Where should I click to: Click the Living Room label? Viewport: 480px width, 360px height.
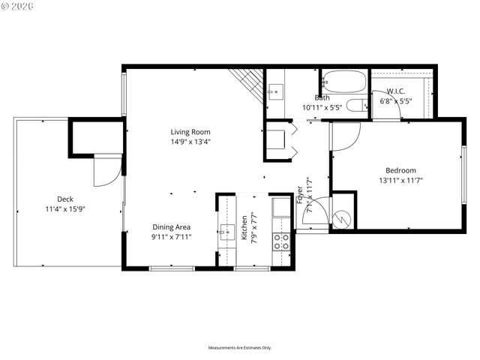tap(189, 132)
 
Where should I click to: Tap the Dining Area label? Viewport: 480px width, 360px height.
tap(172, 227)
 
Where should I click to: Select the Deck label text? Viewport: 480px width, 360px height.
tap(64, 199)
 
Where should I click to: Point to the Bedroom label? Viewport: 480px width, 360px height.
tap(400, 170)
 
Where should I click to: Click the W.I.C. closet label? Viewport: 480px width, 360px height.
tap(397, 91)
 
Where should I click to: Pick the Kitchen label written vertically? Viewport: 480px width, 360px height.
tap(244, 229)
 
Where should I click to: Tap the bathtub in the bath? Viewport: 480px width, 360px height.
tap(343, 80)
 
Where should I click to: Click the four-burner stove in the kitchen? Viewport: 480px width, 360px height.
tap(281, 241)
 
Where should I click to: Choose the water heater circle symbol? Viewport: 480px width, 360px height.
tap(343, 218)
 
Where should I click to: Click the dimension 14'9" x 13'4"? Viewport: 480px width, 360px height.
tap(189, 142)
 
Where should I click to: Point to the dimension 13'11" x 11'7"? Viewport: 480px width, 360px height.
tap(400, 180)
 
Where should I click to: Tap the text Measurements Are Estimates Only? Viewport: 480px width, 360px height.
tap(240, 348)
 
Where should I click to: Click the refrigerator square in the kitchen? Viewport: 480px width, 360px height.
tap(281, 207)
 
